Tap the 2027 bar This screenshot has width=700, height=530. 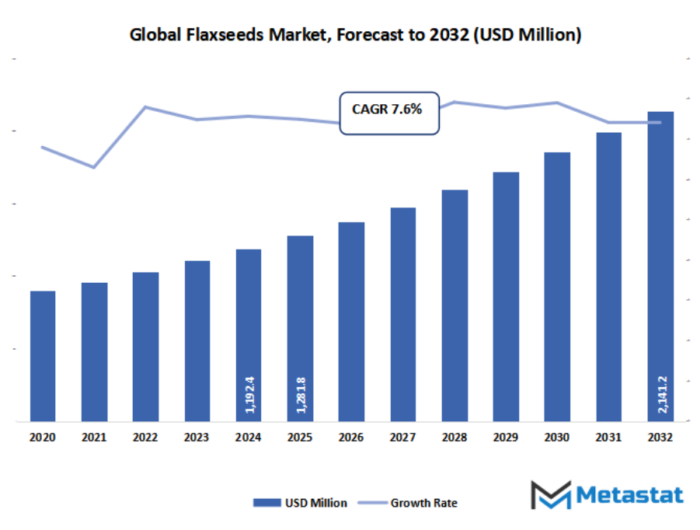(402, 314)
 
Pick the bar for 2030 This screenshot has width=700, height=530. (557, 287)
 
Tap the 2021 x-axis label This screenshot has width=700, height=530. (94, 438)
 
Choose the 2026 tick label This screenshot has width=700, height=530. (351, 438)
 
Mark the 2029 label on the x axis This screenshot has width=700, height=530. (506, 438)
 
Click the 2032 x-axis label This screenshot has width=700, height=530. (660, 438)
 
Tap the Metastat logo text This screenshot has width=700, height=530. (629, 495)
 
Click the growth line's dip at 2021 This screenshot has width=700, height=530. (94, 167)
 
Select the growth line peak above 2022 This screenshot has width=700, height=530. (145, 106)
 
